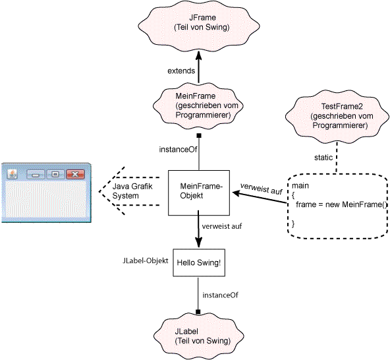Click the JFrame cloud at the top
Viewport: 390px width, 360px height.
tap(199, 26)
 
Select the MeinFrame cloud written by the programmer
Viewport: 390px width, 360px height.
tap(198, 105)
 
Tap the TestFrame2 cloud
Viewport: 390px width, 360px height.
tap(337, 117)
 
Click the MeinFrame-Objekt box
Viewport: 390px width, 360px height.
tap(199, 193)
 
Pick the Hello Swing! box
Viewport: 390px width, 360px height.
tap(199, 262)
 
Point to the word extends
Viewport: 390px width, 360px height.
tap(181, 71)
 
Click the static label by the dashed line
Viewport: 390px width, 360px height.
tap(323, 158)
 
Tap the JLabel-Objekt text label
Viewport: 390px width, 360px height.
tap(145, 260)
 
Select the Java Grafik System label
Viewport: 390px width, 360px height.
tap(132, 191)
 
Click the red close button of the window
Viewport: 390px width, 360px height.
tap(75, 174)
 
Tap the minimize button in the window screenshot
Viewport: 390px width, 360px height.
tap(36, 175)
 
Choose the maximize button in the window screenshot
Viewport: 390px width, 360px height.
tap(55, 174)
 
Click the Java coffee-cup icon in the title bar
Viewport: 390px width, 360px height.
tap(12, 174)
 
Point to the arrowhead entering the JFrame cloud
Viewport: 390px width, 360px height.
tap(198, 55)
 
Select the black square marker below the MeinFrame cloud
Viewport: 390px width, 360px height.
tap(199, 136)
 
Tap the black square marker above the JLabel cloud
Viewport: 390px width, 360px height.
tap(198, 312)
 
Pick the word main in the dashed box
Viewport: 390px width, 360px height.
tap(300, 186)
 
